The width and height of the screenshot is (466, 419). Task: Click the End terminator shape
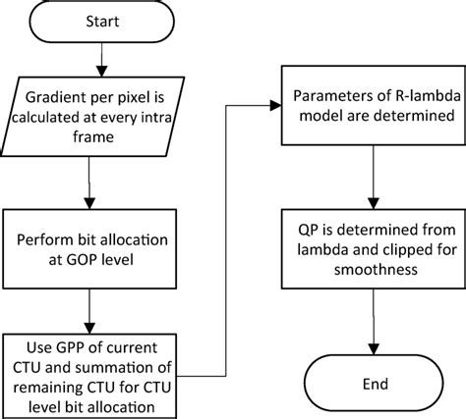coord(374,382)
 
